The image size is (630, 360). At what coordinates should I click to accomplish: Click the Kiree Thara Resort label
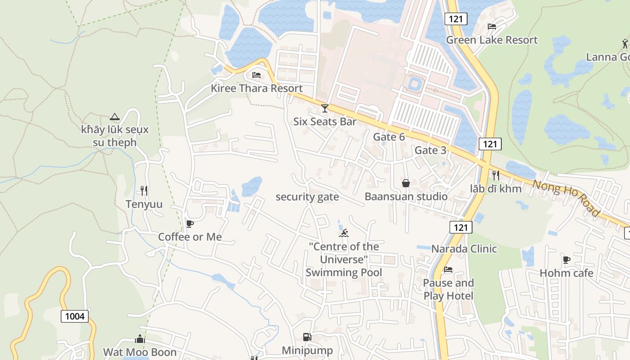click(x=256, y=88)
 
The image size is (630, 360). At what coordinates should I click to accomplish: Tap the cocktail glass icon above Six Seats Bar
click(x=324, y=108)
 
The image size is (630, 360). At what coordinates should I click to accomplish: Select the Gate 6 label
click(x=389, y=137)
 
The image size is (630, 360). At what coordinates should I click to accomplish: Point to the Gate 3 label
click(x=430, y=150)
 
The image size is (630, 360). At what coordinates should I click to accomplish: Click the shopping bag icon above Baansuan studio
click(x=406, y=183)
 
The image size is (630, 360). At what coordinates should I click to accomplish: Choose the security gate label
click(x=307, y=197)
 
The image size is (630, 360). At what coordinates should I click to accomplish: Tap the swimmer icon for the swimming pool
click(x=344, y=233)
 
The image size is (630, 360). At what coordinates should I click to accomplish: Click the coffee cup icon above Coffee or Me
click(x=190, y=224)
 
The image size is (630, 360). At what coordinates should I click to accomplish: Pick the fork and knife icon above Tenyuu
click(x=144, y=191)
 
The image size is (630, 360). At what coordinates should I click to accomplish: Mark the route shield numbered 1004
click(x=75, y=316)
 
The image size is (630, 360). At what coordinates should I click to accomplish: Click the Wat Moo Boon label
click(x=139, y=352)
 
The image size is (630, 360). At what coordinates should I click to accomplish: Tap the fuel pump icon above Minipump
click(x=307, y=337)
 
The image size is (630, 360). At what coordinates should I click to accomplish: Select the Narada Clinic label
click(x=464, y=249)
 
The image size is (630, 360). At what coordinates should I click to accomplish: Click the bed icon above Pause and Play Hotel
click(x=448, y=270)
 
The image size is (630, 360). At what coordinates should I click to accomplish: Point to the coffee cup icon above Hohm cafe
click(x=567, y=260)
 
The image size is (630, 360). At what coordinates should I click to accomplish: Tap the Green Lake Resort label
click(x=491, y=40)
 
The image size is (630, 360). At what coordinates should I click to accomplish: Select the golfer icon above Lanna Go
click(x=625, y=44)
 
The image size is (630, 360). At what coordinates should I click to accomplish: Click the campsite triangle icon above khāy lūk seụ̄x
click(x=115, y=117)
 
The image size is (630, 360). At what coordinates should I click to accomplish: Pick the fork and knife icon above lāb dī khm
click(x=496, y=175)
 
